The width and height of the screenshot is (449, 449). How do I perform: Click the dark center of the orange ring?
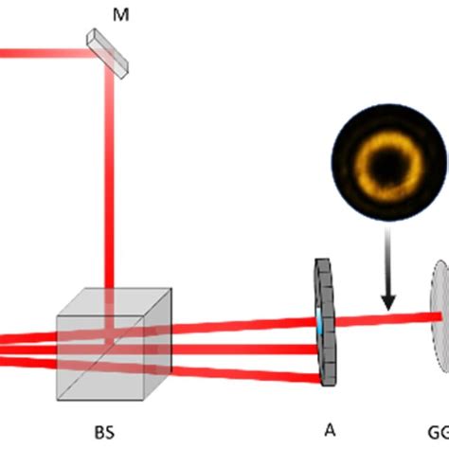pyautogui.click(x=388, y=169)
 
